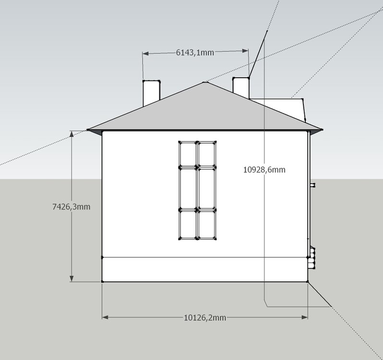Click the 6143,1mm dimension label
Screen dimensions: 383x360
pos(195,52)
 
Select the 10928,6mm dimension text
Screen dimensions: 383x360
pos(264,169)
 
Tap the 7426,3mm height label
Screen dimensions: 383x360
pos(72,207)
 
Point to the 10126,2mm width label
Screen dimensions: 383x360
pos(205,317)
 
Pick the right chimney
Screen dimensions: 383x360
pos(241,87)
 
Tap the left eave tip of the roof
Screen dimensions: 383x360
pos(88,130)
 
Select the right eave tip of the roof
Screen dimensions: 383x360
pos(322,130)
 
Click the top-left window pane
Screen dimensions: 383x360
pos(188,155)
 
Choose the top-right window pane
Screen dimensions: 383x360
pos(207,155)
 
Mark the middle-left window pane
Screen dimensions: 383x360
pos(188,188)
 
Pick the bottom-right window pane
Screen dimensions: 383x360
pos(207,224)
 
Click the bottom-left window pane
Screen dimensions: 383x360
pos(188,224)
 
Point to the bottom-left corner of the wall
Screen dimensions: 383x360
pos(102,282)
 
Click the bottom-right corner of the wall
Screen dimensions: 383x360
pos(308,282)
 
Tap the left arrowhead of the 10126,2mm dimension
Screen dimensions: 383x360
pos(105,317)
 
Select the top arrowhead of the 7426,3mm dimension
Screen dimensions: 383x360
pos(72,134)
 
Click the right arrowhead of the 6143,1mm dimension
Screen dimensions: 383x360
pos(245,51)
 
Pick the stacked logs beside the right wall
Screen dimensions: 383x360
pos(311,258)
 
